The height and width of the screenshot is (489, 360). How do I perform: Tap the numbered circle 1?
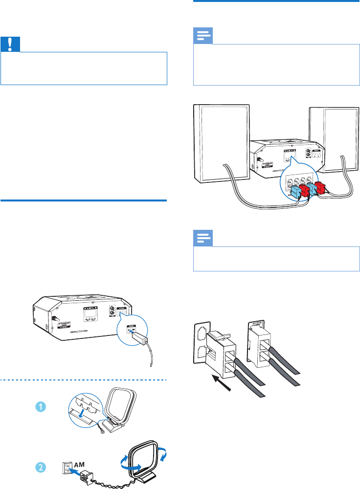[41, 406]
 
